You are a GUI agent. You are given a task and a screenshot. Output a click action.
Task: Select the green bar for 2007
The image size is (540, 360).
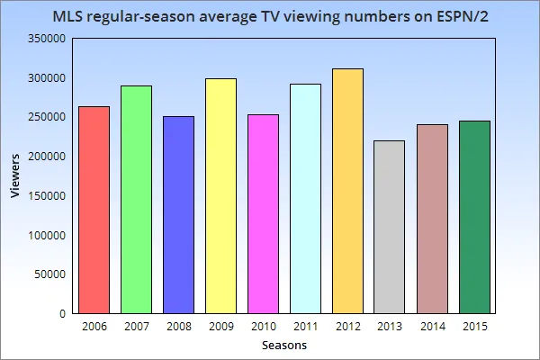click(136, 199)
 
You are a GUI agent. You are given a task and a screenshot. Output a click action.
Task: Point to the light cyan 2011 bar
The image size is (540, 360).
click(305, 198)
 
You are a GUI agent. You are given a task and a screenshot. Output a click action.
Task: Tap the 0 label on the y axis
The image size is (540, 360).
click(61, 314)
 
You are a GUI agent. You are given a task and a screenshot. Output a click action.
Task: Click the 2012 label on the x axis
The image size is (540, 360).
click(347, 325)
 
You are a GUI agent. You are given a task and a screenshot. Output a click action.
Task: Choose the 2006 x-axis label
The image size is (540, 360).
click(94, 325)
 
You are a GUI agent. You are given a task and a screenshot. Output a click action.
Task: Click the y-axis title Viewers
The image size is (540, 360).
click(15, 176)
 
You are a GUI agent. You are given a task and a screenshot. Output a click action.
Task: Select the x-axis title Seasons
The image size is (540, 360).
click(284, 346)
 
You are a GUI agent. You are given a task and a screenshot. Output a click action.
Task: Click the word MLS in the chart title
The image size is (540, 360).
click(71, 17)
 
